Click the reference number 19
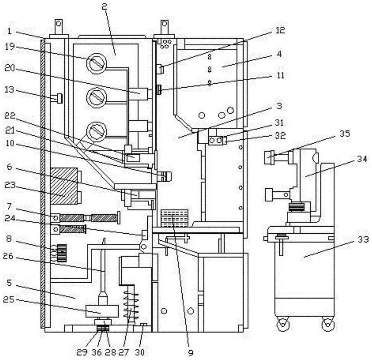[10, 46]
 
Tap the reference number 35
[345, 133]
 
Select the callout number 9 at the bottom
[191, 353]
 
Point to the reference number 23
[10, 185]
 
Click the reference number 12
[280, 30]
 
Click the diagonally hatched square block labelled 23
[64, 186]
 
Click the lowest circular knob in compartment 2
[96, 131]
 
